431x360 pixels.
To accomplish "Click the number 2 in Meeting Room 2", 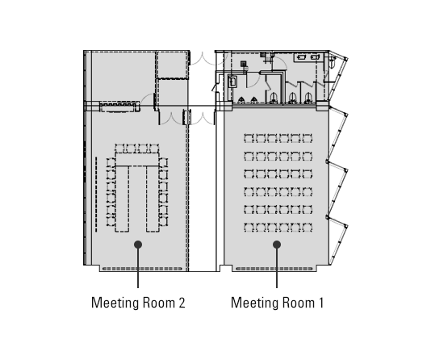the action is (x=182, y=303).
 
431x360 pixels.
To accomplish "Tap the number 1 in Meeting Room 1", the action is (x=320, y=303).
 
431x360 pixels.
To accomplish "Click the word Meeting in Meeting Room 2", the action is (x=115, y=303).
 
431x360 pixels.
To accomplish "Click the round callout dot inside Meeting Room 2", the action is (x=138, y=245).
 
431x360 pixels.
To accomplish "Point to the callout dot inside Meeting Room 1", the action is (x=277, y=245).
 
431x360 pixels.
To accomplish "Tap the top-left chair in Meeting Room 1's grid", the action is (x=249, y=138).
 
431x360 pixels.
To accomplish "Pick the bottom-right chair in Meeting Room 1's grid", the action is (x=308, y=228).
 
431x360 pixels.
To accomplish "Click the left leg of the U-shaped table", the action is (x=122, y=199).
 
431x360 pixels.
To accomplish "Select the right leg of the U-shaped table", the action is (x=153, y=199).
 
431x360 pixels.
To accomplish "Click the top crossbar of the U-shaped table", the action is (x=137, y=160).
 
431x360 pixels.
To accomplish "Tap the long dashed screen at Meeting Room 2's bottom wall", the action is (x=142, y=269).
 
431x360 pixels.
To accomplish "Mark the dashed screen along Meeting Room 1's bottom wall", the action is (x=274, y=269).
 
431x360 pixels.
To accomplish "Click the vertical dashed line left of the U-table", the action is (x=96, y=195).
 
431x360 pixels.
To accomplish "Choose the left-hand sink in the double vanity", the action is (x=302, y=57).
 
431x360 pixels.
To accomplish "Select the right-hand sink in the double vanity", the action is (x=314, y=57).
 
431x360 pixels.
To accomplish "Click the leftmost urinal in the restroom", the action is (x=241, y=100).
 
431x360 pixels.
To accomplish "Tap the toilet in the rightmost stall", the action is (x=308, y=98).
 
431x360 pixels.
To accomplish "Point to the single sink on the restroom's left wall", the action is (x=232, y=81).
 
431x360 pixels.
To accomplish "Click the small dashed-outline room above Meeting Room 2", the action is (x=173, y=65).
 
